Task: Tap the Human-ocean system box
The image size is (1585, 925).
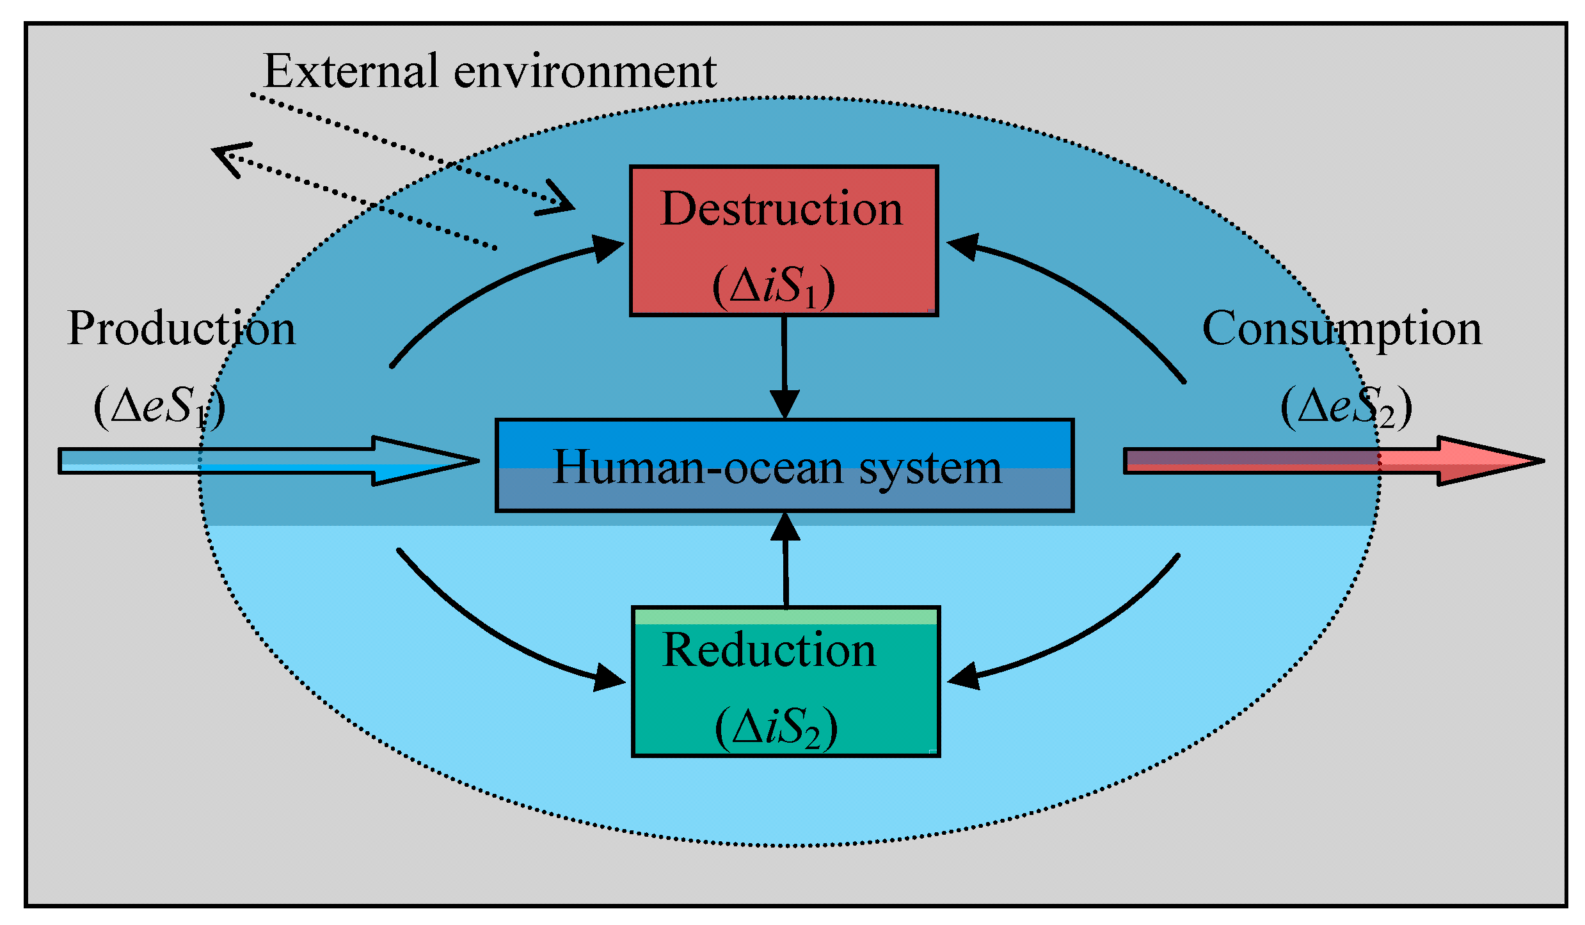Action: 784,466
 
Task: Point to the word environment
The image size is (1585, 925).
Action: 584,72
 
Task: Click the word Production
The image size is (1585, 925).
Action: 181,328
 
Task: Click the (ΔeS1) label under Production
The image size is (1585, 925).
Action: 160,407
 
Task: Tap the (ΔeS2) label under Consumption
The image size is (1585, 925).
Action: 1346,407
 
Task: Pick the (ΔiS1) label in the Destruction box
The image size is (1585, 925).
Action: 773,286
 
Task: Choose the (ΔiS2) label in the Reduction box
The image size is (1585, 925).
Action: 776,728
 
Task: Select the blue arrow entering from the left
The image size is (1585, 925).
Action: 269,461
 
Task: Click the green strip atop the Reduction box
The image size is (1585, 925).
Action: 785,616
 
